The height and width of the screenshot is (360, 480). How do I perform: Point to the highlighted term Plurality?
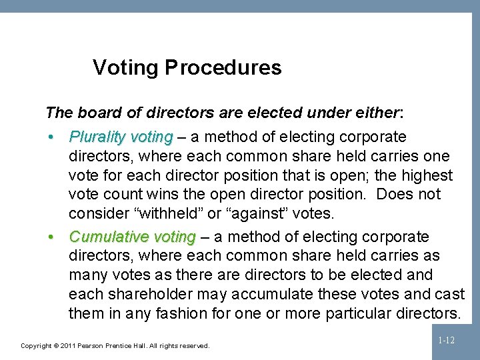point(99,137)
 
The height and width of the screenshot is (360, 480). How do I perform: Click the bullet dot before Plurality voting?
point(51,137)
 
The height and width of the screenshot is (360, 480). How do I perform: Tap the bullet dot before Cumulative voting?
point(51,237)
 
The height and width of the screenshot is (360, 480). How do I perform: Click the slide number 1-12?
point(446,341)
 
